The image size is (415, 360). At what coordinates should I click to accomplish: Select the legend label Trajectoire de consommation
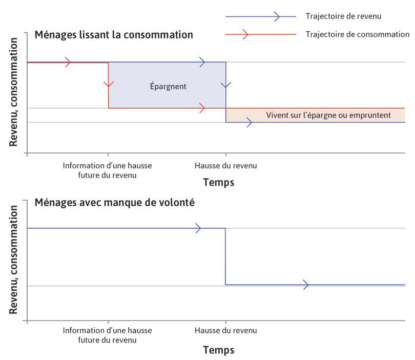(357, 34)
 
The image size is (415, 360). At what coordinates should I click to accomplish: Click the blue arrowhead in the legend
(277, 16)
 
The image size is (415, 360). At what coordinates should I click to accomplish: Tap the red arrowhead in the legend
(245, 34)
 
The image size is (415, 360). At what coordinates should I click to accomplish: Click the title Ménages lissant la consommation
(114, 35)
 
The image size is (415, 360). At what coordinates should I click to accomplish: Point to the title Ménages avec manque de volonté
(115, 202)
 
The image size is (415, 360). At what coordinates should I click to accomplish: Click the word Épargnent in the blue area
(169, 87)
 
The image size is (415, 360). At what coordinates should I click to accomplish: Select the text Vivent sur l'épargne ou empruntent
(328, 115)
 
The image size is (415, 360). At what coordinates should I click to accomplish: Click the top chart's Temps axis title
(219, 182)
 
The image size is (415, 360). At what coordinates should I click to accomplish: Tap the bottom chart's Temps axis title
(219, 350)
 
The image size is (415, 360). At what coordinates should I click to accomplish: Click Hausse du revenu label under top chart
(226, 166)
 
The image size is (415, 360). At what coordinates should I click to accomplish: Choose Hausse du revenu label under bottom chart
(226, 330)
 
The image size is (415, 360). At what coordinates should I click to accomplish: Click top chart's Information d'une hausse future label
(108, 170)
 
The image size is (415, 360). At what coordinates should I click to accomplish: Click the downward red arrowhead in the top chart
(108, 84)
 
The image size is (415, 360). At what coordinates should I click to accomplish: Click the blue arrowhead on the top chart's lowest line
(248, 123)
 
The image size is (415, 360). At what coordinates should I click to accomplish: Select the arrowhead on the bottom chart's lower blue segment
(306, 285)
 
